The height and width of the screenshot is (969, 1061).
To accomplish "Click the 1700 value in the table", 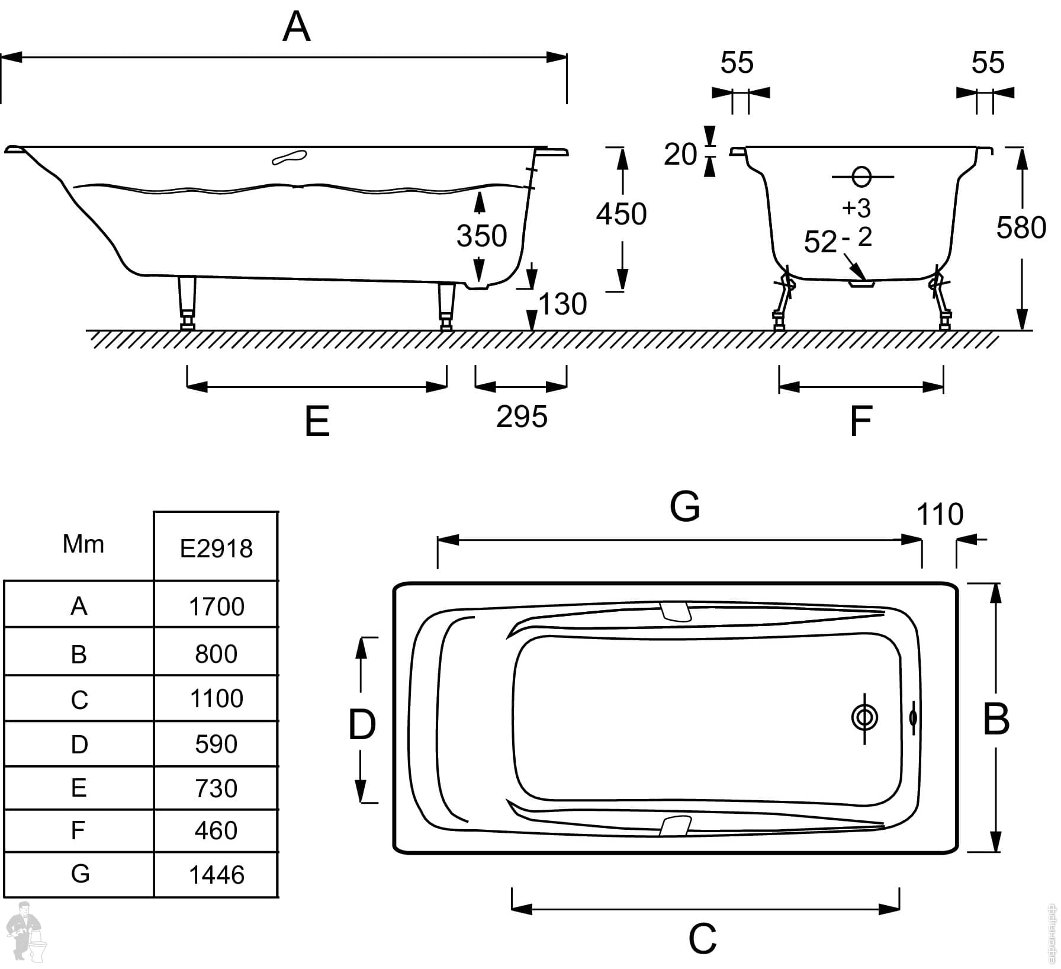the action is click(217, 607).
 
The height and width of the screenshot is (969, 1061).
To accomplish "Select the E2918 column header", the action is click(216, 549).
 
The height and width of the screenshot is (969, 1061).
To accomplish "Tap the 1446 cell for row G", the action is click(217, 875).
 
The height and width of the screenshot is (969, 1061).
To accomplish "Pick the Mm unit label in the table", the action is click(83, 544).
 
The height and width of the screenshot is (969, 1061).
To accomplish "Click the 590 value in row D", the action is click(216, 744).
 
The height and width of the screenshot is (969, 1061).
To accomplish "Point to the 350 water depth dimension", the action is click(482, 236).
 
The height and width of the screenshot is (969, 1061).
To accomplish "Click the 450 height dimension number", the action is click(621, 214).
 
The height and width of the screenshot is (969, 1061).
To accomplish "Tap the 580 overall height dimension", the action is click(1021, 228).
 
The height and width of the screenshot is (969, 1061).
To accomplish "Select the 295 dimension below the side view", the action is click(522, 417).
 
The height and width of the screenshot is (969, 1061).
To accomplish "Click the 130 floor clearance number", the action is click(562, 304).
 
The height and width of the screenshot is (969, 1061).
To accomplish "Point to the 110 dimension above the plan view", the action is click(940, 514).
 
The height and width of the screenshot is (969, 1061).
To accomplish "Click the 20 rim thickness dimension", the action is click(680, 155).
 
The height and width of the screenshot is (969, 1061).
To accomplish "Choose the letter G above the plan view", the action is click(685, 506).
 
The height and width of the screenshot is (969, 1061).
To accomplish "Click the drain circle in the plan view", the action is click(864, 718).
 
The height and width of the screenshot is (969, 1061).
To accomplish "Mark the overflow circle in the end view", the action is click(862, 177).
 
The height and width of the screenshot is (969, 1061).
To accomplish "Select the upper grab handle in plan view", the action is click(675, 611).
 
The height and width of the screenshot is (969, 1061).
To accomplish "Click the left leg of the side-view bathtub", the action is click(188, 303).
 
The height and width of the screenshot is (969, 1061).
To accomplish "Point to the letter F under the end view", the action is click(860, 421).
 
